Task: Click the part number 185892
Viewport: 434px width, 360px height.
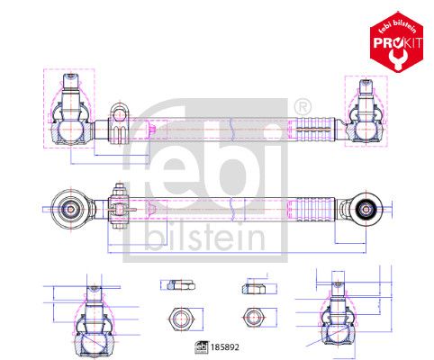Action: [225, 347]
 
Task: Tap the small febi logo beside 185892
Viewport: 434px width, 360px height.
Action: [202, 347]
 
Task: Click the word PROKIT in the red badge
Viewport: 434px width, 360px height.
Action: [398, 42]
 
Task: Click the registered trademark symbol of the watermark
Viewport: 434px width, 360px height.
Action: [302, 106]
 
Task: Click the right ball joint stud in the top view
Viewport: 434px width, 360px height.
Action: [366, 96]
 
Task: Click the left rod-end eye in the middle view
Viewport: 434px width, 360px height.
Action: [71, 209]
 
